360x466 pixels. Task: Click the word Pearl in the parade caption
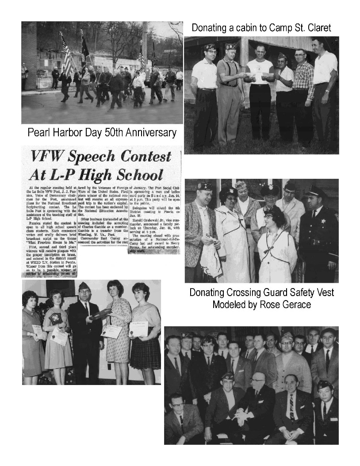(x=39, y=132)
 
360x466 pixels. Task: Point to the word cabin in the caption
(x=253, y=28)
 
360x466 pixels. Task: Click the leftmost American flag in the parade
(x=67, y=55)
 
